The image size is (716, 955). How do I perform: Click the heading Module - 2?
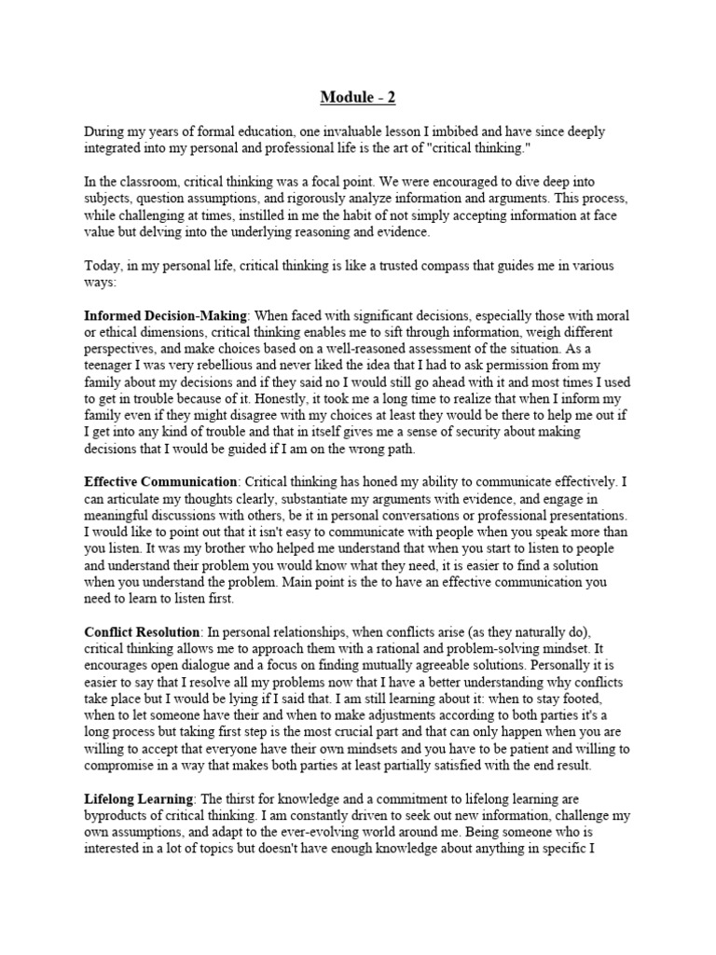[357, 96]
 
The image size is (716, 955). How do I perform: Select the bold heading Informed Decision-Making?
[164, 317]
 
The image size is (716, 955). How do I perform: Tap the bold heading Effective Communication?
[160, 481]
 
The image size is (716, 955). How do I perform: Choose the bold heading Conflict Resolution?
[142, 630]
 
